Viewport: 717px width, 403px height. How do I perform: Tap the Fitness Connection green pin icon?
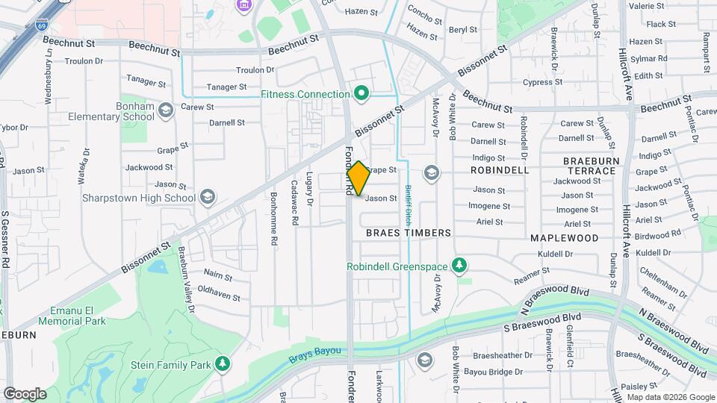tap(362, 94)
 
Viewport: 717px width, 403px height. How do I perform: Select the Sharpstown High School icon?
tap(208, 197)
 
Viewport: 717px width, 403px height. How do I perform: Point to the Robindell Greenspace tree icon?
tap(461, 266)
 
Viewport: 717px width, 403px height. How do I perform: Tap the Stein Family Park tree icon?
tap(222, 363)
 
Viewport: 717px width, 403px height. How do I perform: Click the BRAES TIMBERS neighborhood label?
tap(409, 233)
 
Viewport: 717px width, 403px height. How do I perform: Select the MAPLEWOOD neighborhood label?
tap(565, 238)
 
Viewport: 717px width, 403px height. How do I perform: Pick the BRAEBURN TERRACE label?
tap(590, 166)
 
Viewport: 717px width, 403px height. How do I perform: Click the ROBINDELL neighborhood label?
tap(500, 170)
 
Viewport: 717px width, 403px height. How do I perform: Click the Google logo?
tap(24, 393)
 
